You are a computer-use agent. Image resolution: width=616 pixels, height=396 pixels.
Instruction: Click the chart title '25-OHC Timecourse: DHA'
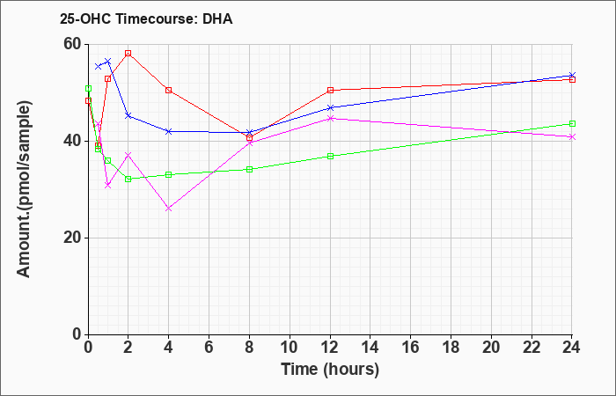[146, 18]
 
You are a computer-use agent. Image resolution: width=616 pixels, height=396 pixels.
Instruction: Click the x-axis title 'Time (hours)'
[330, 370]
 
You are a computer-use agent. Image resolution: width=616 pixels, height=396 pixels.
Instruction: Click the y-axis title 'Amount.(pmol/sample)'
[25, 189]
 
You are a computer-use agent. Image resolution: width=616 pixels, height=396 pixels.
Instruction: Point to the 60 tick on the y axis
[73, 44]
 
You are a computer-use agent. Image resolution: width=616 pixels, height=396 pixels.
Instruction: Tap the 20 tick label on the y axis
[73, 238]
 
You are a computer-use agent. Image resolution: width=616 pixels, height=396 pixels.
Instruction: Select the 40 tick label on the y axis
[73, 142]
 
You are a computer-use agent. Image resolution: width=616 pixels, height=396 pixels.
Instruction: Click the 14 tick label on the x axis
[370, 348]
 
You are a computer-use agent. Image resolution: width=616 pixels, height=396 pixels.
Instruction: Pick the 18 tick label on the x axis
[451, 348]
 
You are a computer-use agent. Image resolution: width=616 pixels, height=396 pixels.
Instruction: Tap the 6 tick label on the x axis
[209, 348]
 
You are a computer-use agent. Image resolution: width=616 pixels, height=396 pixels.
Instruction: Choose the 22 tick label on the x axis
[532, 348]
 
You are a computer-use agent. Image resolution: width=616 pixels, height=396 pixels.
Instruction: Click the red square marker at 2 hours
[128, 54]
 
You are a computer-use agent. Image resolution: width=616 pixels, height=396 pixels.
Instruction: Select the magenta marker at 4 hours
[169, 209]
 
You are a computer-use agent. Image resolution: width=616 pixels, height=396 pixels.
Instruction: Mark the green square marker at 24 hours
[572, 124]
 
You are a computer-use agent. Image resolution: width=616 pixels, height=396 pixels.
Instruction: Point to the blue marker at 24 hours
[572, 75]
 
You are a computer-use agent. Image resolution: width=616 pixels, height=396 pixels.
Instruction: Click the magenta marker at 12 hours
[330, 118]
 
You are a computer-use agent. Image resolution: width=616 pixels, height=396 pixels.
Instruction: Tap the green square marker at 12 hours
[330, 157]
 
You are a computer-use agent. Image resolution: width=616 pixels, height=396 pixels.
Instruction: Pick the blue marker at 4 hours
[169, 132]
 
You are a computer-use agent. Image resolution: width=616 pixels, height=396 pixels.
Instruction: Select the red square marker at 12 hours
[330, 91]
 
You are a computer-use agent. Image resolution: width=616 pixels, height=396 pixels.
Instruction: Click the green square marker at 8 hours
[249, 170]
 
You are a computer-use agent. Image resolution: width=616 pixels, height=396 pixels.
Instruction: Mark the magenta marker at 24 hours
[572, 136]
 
